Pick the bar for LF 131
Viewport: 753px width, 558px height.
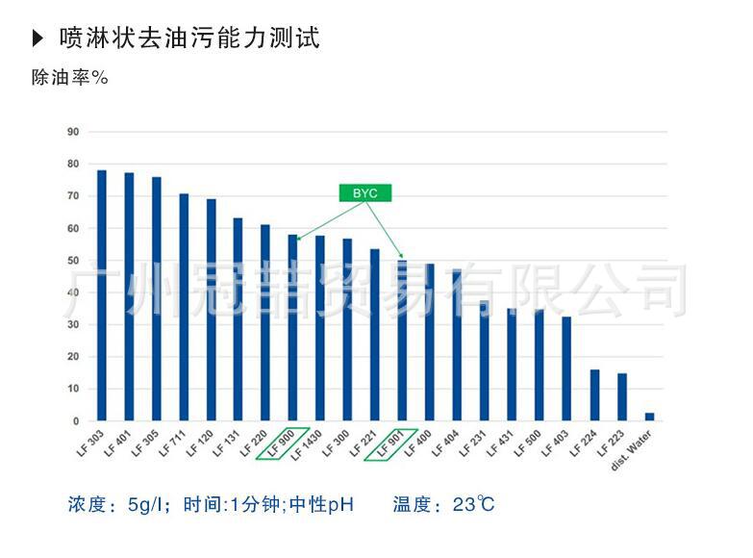(238, 319)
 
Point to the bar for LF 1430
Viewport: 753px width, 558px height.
(320, 328)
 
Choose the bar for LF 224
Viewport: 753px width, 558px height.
(594, 395)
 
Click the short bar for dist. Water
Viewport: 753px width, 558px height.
(649, 417)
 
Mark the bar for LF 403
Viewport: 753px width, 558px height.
(566, 368)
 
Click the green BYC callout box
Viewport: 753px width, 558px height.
(365, 193)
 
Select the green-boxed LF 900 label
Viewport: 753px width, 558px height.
(284, 443)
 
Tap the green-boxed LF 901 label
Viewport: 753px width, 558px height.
(392, 443)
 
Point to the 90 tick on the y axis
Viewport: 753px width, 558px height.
(72, 132)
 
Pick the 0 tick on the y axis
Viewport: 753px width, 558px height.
(75, 421)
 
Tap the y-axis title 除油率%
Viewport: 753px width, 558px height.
(69, 78)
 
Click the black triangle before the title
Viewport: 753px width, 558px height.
(38, 38)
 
